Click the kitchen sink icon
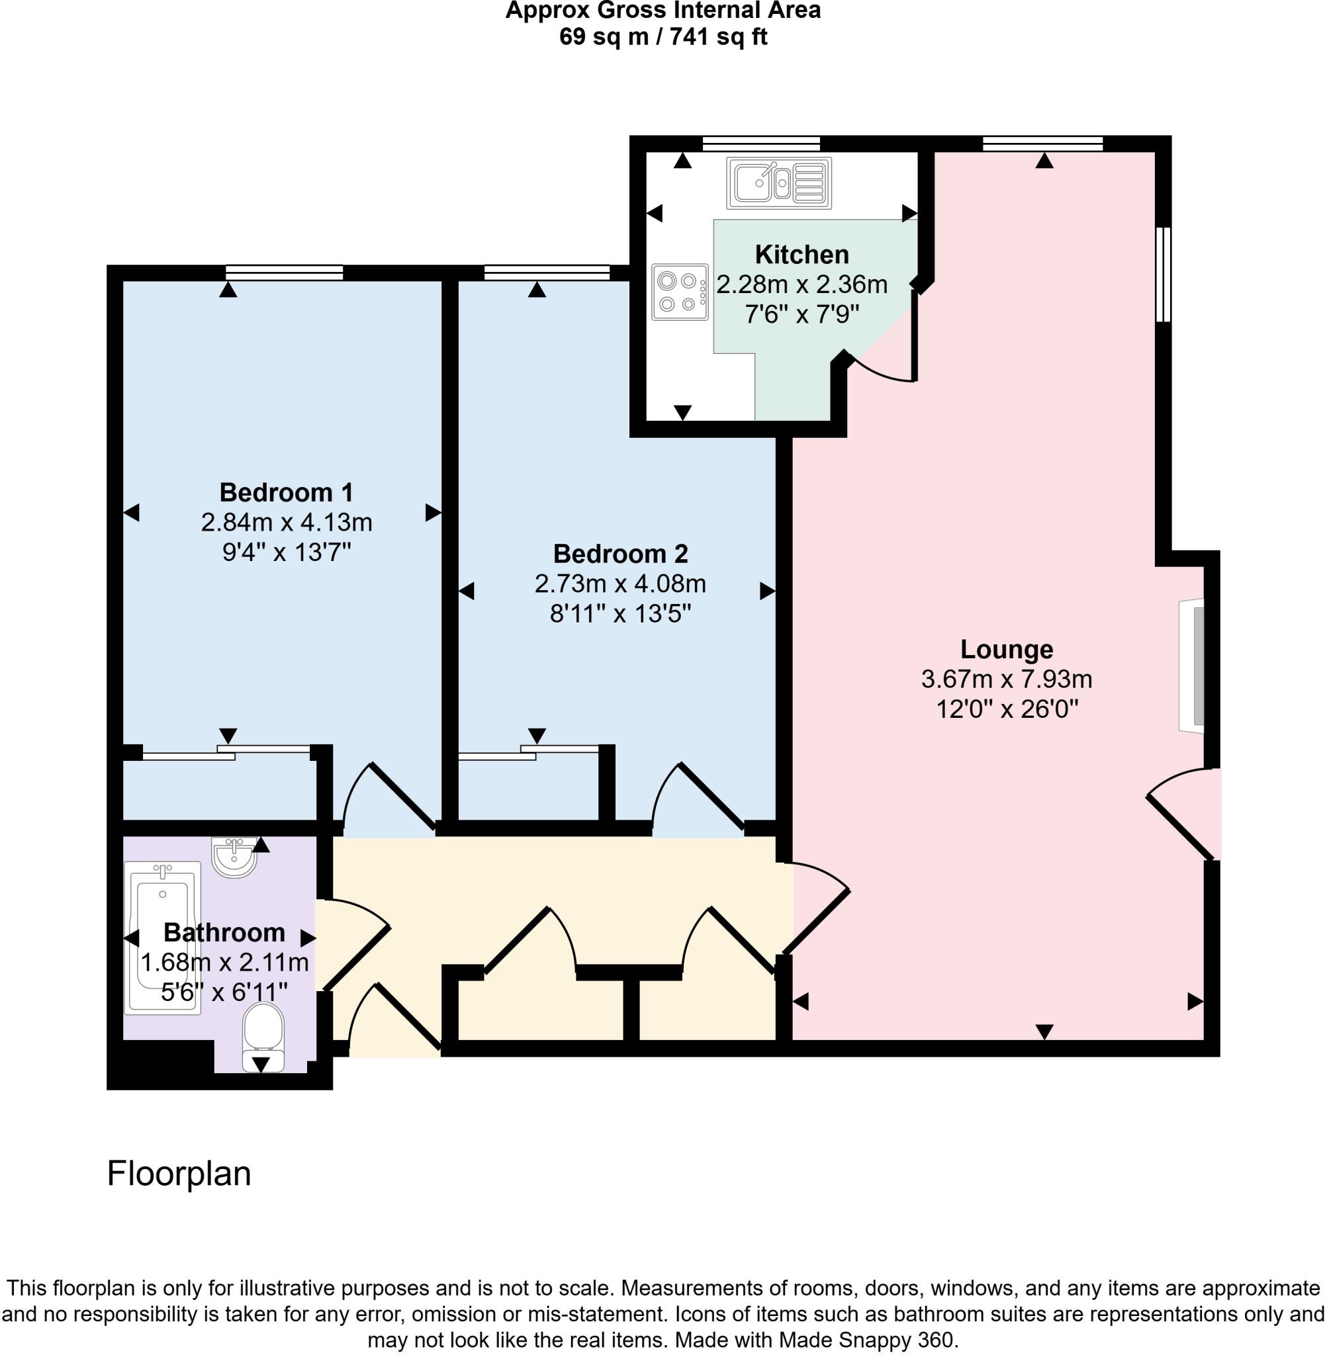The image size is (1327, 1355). pos(778,183)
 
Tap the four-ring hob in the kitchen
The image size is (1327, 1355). pos(679,292)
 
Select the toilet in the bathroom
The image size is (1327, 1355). pos(263,1035)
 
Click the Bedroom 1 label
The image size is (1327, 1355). pos(286,492)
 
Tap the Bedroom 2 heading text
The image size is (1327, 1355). pos(619,554)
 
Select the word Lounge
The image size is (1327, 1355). pos(1006,649)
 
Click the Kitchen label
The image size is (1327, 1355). pos(801,255)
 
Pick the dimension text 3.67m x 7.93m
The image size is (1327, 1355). pos(1006,679)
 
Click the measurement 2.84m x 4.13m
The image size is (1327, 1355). pos(286,523)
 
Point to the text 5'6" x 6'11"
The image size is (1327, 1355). pos(224,992)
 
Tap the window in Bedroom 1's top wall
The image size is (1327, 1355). pos(285,273)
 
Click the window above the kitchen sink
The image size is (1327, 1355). pos(760,144)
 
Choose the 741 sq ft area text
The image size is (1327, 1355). pos(718,36)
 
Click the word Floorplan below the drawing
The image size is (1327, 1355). pos(179,1174)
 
